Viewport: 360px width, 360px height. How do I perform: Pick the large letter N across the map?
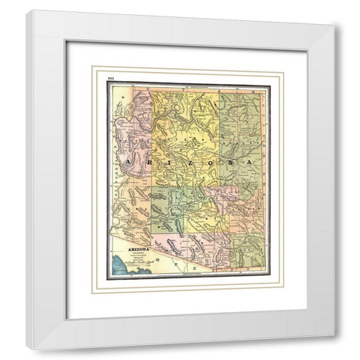coord(224,162)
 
